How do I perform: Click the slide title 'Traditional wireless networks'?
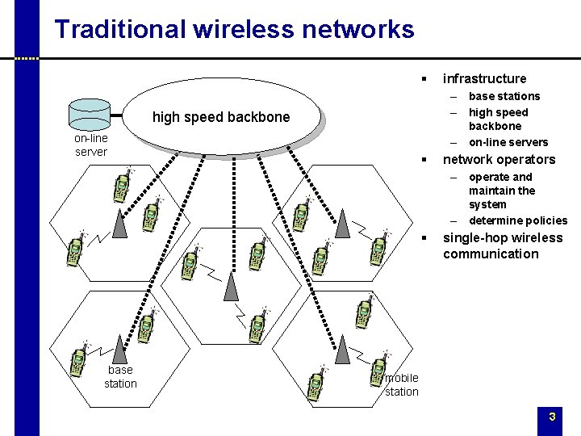tap(234, 30)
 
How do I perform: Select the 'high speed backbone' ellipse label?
tap(220, 117)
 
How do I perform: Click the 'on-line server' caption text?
tap(90, 145)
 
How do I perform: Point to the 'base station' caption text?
tap(120, 377)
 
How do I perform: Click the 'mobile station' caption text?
tap(401, 384)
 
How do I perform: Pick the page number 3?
tap(552, 417)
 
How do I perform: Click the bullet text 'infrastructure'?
tap(484, 78)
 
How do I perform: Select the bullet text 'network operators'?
tap(499, 159)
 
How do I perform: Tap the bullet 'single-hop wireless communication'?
tap(502, 245)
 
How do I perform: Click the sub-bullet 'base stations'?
tap(504, 96)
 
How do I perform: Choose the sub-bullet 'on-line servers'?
tap(508, 142)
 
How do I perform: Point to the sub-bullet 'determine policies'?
tap(518, 220)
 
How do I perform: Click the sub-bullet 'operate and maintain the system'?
tap(502, 191)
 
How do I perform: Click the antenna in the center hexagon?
tap(231, 284)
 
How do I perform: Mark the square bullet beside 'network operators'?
tap(423, 159)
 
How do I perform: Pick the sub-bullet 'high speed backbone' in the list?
tap(498, 119)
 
